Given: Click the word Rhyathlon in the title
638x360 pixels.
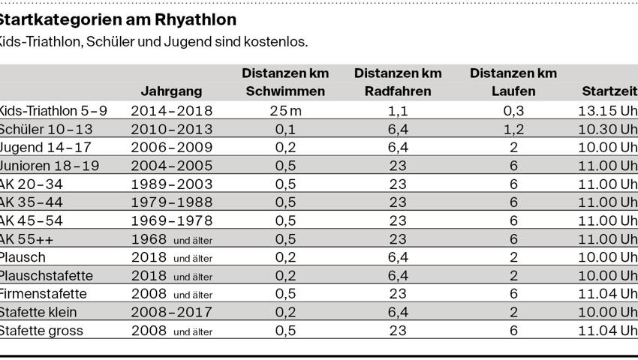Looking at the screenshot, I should [x=199, y=19].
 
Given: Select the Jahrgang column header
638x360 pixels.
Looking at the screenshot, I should [x=171, y=91].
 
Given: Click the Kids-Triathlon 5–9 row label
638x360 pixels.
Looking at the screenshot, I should [x=53, y=111].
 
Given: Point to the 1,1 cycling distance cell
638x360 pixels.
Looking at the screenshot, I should [x=398, y=111].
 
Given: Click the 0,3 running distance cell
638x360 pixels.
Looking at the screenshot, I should [x=513, y=111].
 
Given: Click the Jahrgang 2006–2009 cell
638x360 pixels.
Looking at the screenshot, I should [x=172, y=148].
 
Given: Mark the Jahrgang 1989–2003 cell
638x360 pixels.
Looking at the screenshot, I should [x=172, y=184].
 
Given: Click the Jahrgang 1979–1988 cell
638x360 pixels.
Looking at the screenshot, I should [x=172, y=202].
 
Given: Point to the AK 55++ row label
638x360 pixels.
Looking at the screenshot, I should [x=27, y=239].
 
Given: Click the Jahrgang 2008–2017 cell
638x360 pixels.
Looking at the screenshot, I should [x=172, y=313].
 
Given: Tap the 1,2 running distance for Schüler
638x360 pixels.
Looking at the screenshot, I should [x=513, y=129].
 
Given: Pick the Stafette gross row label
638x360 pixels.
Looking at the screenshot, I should [x=41, y=331].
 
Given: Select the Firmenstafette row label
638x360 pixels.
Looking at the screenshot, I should [x=44, y=294].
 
